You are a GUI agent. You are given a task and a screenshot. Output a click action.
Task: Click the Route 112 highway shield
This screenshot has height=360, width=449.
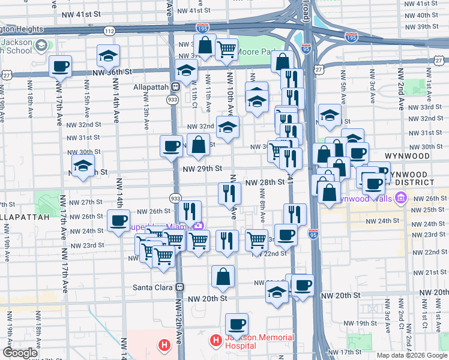tap(109, 31)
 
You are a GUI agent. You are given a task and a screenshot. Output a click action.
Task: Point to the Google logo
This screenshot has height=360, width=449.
tap(20, 352)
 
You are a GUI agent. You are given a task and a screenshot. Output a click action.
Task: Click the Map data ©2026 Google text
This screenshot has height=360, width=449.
tap(412, 355)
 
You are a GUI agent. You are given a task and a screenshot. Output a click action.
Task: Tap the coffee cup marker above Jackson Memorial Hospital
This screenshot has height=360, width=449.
tap(237, 325)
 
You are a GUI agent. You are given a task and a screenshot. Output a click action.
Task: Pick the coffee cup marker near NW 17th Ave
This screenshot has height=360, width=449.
tap(60, 66)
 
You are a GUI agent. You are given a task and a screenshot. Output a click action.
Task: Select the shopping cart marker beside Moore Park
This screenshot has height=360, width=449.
tap(226, 50)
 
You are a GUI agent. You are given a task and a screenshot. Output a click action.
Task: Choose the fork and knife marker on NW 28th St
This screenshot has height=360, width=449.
tap(229, 193)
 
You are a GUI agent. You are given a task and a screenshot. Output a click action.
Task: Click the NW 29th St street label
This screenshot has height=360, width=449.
tap(202, 169)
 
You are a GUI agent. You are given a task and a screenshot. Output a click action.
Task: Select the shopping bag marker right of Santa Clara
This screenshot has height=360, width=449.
tap(223, 277)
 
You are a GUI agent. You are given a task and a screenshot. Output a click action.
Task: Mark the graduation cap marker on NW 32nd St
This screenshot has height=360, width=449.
tap(228, 127)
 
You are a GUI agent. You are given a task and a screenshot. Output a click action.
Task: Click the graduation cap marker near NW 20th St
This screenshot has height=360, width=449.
tap(276, 293)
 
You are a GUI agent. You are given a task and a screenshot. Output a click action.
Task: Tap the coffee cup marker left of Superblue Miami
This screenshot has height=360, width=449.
tap(119, 220)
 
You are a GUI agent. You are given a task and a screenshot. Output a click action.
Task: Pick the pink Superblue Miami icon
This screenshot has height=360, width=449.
tap(199, 226)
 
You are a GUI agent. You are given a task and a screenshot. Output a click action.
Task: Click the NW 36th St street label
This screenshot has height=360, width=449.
tap(112, 72)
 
